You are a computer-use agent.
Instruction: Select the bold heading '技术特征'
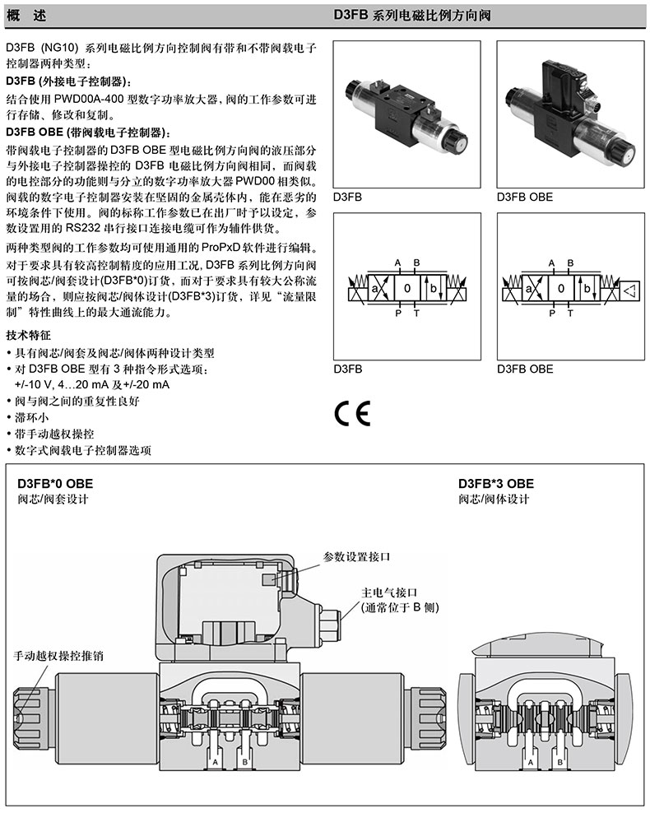pos(28,336)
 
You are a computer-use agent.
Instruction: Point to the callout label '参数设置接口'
pos(356,557)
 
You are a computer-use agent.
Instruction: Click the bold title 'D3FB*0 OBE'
pos(50,483)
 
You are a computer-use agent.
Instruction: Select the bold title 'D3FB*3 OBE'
pos(495,483)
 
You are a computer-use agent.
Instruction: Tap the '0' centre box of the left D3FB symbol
pos(407,289)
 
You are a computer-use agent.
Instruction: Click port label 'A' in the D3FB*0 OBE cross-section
pos(216,764)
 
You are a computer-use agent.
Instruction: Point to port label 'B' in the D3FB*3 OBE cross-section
pos(560,764)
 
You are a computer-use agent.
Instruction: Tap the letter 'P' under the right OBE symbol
pos(552,314)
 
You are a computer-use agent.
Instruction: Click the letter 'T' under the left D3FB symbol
pos(416,314)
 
